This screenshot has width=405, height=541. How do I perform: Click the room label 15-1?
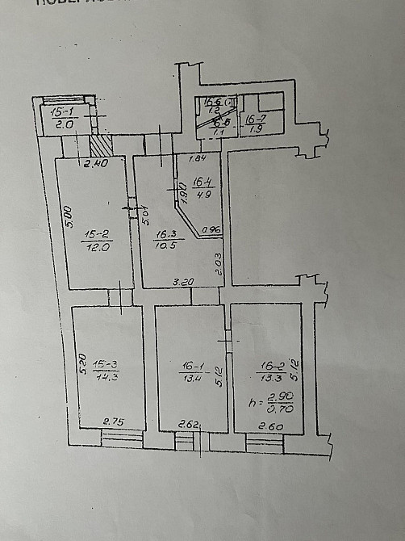(62, 111)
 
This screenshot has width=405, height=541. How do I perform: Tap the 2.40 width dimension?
(96, 164)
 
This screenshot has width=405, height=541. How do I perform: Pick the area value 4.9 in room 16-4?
(202, 193)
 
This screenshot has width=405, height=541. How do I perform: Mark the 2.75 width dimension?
(113, 422)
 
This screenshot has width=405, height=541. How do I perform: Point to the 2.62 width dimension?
(190, 423)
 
